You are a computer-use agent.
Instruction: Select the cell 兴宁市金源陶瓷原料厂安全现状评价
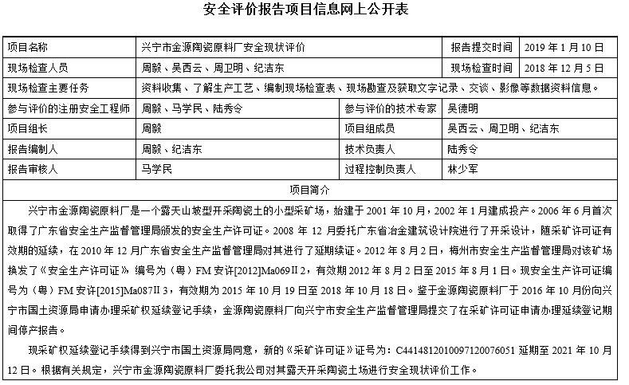(222, 48)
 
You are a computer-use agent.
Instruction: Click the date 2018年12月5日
(565, 68)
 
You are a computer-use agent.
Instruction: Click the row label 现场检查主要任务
(48, 88)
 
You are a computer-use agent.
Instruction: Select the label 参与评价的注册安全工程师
(69, 108)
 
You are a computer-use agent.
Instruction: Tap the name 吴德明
(463, 108)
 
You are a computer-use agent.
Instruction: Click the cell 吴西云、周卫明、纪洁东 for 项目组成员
(503, 128)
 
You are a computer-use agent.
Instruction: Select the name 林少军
(463, 169)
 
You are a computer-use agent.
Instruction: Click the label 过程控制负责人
(380, 169)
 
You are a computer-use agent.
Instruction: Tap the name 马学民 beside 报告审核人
(156, 169)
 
